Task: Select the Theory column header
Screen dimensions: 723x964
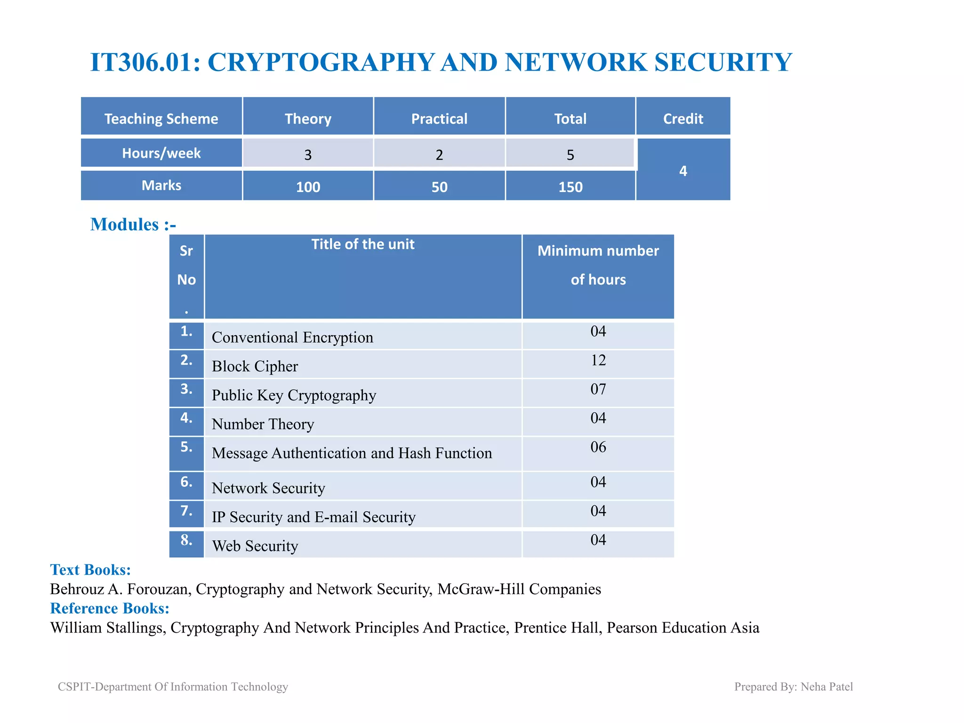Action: point(308,119)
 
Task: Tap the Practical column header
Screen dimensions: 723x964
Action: point(439,119)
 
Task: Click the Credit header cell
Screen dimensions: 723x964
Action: point(683,119)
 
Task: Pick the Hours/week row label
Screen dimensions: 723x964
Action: point(161,153)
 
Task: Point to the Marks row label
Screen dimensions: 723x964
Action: point(161,185)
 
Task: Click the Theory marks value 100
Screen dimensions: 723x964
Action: point(308,187)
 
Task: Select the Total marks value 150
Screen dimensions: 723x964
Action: point(570,187)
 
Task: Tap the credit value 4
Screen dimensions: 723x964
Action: point(683,171)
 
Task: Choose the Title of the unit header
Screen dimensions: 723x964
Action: point(362,244)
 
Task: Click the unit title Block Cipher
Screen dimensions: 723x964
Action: point(255,366)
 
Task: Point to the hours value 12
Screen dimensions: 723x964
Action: point(598,360)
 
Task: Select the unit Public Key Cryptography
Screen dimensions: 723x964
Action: point(294,395)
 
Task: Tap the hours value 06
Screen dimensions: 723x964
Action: point(598,447)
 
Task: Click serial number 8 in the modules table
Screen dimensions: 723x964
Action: point(186,540)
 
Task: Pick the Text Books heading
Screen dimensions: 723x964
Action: point(90,570)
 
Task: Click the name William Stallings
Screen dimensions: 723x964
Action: point(107,628)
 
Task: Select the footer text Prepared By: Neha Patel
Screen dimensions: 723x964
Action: point(793,687)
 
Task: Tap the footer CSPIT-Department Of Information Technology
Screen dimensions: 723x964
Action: point(173,687)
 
